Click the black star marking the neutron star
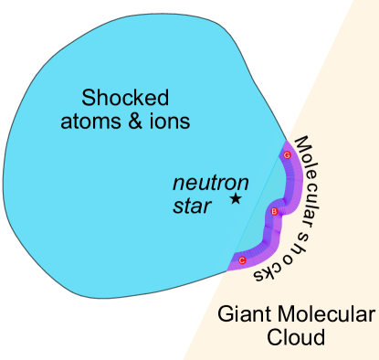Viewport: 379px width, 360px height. [x=236, y=198]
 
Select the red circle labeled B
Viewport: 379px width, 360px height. [x=273, y=212]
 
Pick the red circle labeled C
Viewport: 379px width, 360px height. [x=242, y=260]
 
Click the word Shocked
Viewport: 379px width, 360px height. [x=127, y=98]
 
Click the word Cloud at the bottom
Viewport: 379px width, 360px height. [x=295, y=337]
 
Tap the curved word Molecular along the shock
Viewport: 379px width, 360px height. [x=319, y=174]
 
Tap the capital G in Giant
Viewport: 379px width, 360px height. [x=225, y=315]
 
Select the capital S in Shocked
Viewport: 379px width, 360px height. [x=89, y=98]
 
